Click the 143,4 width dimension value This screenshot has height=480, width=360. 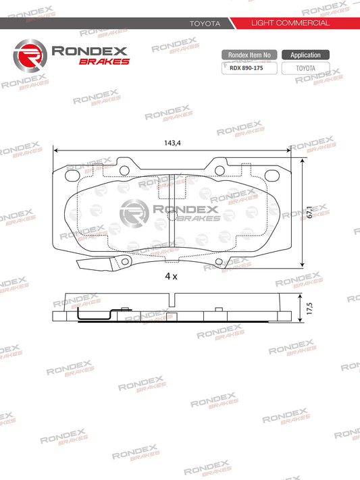click(x=173, y=143)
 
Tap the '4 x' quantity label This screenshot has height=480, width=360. click(x=171, y=277)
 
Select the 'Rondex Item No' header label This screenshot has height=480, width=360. click(x=249, y=55)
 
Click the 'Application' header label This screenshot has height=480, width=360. click(x=305, y=55)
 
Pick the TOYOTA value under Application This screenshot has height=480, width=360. click(x=305, y=68)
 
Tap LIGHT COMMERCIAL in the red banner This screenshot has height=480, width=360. click(x=290, y=23)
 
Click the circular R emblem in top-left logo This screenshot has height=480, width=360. click(x=29, y=53)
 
